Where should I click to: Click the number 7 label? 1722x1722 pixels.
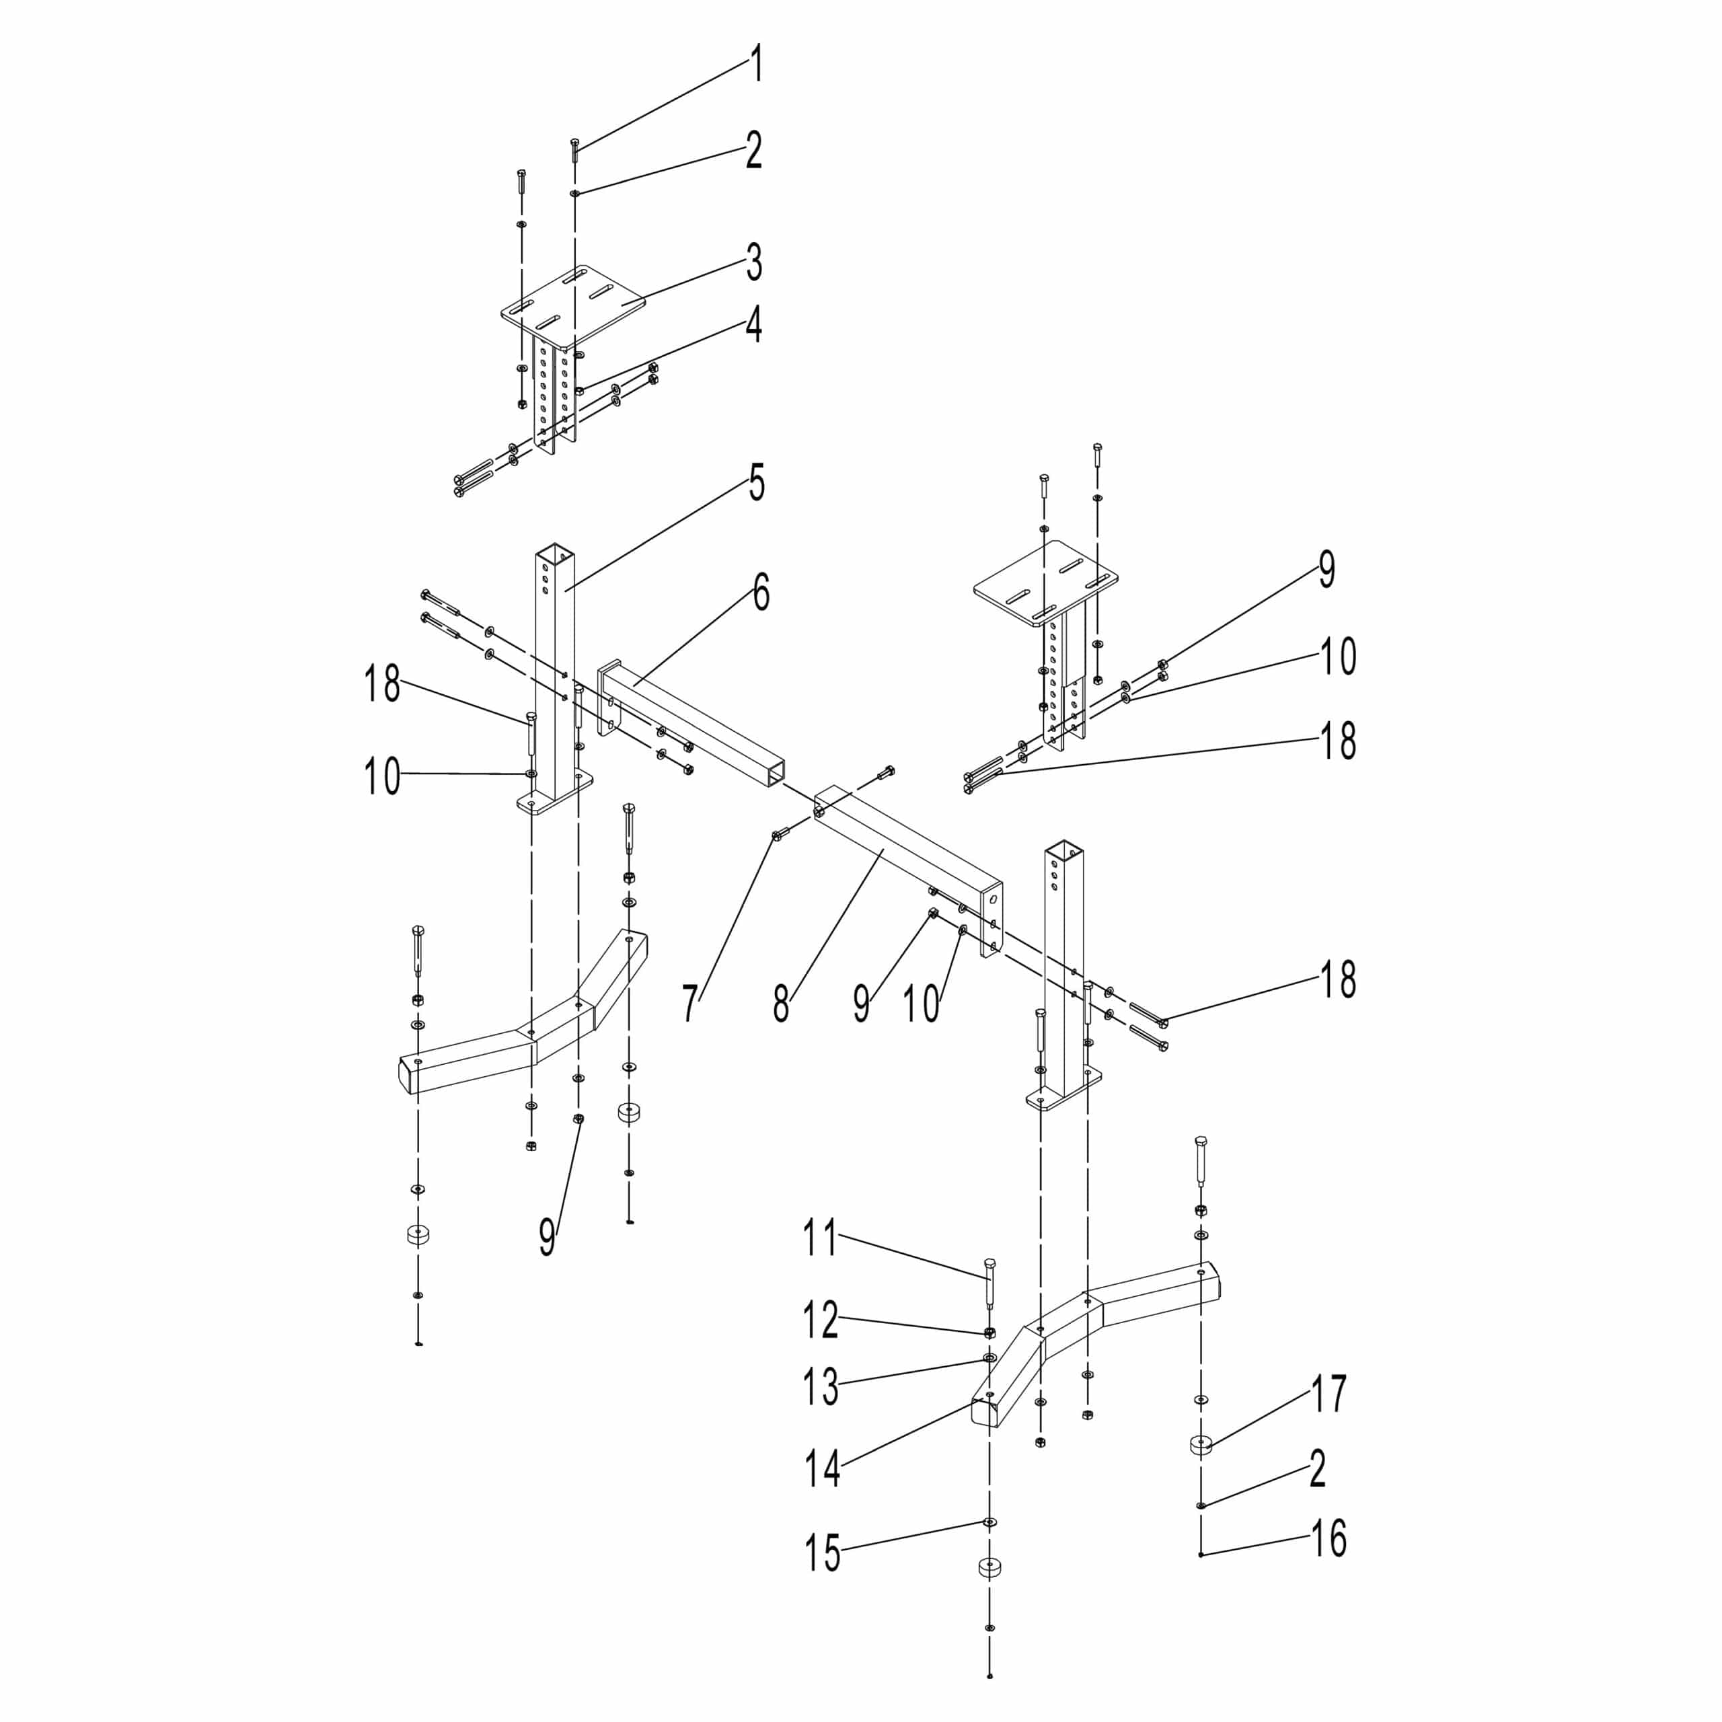(x=690, y=1004)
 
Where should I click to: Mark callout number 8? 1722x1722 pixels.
(x=781, y=1004)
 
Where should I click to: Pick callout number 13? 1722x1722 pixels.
(x=821, y=1388)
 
